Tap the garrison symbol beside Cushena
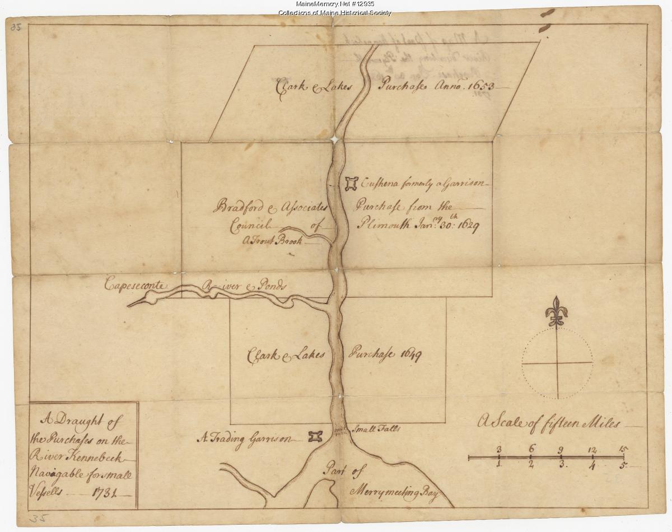coord(351,183)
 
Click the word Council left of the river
coord(250,226)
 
